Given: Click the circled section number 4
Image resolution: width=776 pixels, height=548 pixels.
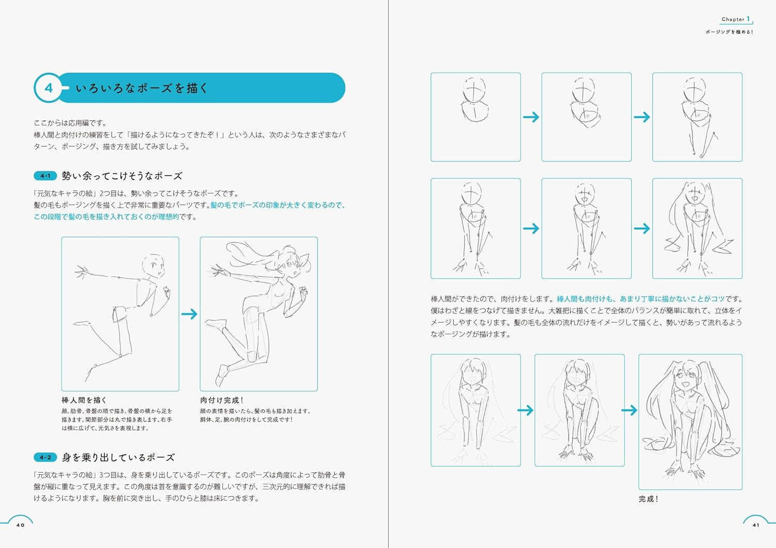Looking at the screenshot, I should tap(49, 88).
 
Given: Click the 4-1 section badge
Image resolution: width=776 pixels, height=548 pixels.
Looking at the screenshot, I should tap(45, 176).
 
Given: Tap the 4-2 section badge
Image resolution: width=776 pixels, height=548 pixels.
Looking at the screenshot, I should tap(45, 457).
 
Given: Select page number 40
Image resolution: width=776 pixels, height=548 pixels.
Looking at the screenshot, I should tap(20, 525).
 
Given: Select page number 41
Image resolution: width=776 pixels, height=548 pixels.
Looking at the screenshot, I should tap(756, 525).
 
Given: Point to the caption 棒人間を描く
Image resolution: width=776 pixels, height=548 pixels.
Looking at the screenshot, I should tap(84, 400).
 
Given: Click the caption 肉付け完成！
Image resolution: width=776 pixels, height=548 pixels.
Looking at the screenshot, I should tap(221, 400).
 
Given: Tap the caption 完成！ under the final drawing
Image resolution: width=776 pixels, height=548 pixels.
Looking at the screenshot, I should tap(648, 499).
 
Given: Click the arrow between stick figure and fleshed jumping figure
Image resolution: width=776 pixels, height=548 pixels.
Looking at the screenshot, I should tap(189, 314).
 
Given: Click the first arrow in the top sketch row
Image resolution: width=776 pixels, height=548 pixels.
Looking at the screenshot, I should tap(531, 117).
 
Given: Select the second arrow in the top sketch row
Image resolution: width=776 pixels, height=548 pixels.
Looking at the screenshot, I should tap(641, 117).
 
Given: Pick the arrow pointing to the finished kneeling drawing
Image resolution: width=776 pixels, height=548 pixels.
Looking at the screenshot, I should tap(629, 410).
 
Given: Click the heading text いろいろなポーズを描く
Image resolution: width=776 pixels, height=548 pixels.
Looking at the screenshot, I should tap(142, 88).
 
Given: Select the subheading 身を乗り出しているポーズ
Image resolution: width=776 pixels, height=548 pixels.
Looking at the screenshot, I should tap(118, 457).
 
